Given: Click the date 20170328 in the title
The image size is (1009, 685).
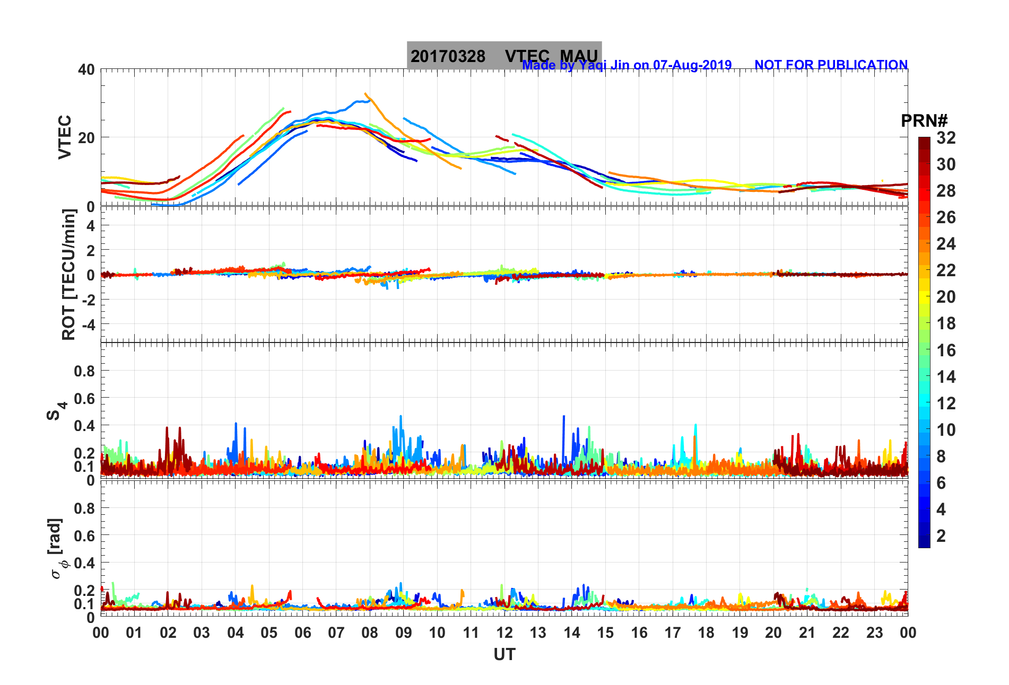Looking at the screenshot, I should [448, 56].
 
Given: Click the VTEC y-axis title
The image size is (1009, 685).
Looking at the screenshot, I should [65, 137].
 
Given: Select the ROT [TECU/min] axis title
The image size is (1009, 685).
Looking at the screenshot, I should [69, 274].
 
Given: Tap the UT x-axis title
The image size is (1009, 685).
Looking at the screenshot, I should [504, 655].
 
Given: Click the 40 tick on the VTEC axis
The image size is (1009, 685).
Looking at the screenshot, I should [86, 70].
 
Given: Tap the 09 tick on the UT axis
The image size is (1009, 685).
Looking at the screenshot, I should [403, 633].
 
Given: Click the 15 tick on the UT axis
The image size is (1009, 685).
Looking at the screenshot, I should [605, 633].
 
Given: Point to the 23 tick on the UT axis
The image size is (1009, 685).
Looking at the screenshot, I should [874, 633].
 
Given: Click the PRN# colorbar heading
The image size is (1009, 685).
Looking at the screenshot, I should [924, 121].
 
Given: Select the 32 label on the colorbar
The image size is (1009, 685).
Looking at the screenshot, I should [946, 138].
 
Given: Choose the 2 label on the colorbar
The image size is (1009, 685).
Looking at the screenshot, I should [941, 536].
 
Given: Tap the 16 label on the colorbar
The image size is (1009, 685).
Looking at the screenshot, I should [946, 350].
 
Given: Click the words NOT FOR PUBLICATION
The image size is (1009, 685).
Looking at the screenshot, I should [831, 65].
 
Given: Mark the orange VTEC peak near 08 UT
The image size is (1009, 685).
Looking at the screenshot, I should [366, 94].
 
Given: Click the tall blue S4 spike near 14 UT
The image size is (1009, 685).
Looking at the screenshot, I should [563, 417].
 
